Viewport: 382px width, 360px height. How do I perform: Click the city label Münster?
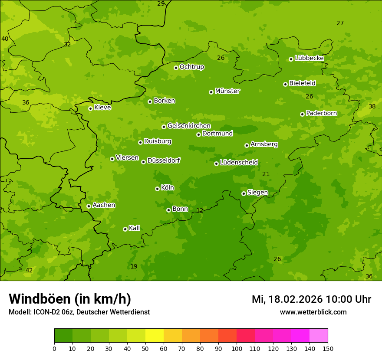[x=227, y=91]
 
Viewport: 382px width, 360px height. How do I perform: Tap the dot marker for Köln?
[x=157, y=189]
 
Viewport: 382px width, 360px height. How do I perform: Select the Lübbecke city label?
[x=309, y=58]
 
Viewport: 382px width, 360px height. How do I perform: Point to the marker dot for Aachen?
[x=89, y=206]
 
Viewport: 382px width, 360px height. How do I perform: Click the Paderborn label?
[x=321, y=113]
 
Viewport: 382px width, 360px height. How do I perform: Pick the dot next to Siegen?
[x=244, y=193]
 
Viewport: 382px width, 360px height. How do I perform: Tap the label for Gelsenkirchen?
[x=189, y=126]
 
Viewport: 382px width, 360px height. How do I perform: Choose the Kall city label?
[x=134, y=228]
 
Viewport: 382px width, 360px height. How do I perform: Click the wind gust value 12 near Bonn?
[x=200, y=210]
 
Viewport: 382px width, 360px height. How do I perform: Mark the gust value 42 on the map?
[x=29, y=270]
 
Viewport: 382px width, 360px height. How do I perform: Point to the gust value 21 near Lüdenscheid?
[x=266, y=174]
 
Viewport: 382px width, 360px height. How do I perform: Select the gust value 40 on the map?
[x=5, y=39]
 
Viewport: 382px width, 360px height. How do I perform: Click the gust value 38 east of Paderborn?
[x=372, y=106]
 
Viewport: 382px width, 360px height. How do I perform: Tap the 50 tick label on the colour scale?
[x=145, y=348]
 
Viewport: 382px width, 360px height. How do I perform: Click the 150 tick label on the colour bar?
[x=328, y=348]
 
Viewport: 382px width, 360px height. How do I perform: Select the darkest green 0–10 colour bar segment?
[x=63, y=336]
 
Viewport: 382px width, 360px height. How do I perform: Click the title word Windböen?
[x=40, y=299]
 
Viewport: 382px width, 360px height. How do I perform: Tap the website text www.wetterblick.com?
[x=313, y=312]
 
